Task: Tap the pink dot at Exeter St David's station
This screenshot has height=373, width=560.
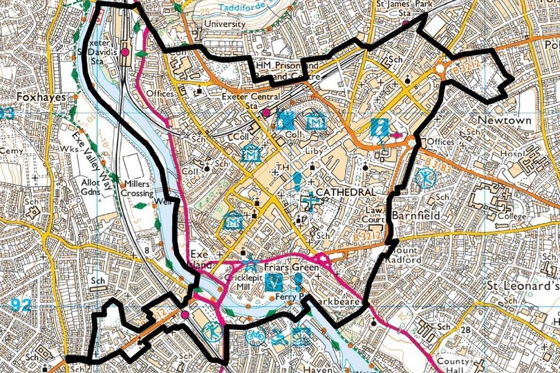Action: click(125, 52)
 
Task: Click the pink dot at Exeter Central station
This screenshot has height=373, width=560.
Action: click(265, 112)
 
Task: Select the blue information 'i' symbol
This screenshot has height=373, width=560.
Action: click(377, 127)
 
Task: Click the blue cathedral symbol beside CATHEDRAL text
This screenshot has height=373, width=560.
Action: click(312, 202)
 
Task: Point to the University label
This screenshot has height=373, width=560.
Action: click(224, 24)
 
